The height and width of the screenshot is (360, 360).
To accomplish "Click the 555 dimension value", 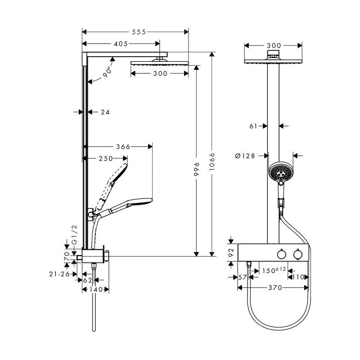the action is [x=139, y=32].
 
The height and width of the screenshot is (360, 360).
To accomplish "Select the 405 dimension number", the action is [x=121, y=44].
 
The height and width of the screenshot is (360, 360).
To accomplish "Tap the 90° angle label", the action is [x=108, y=72].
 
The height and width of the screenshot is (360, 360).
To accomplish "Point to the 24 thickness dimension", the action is [x=105, y=112].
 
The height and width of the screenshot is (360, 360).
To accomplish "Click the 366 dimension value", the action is [x=123, y=147].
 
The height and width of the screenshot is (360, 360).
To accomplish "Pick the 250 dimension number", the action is [x=106, y=158].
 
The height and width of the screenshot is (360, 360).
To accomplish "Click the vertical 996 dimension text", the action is [x=197, y=169].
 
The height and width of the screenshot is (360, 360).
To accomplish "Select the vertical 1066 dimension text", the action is [x=212, y=162].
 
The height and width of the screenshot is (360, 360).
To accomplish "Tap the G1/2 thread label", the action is [x=75, y=234].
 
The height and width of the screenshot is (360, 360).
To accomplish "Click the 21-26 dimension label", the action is [x=59, y=274].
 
